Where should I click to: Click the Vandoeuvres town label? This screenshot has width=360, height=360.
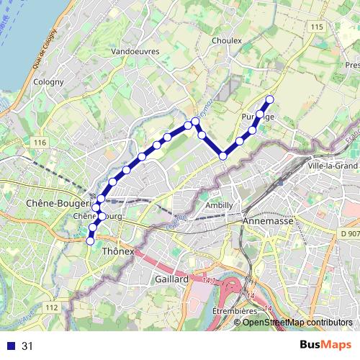(x=135, y=52)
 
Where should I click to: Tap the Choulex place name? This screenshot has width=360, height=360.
(x=227, y=41)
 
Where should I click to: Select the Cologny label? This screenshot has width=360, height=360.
(x=48, y=82)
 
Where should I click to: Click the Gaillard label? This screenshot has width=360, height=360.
(x=171, y=279)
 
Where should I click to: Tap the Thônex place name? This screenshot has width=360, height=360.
(x=119, y=252)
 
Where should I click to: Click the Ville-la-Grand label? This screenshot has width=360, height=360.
(x=332, y=166)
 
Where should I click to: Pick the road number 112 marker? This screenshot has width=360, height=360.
(x=50, y=307)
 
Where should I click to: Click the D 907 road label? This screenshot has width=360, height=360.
(x=348, y=234)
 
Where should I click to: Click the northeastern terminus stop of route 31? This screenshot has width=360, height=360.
(x=270, y=99)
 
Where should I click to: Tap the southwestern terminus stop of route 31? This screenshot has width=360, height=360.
(x=90, y=242)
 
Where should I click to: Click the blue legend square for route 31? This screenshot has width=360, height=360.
(x=9, y=346)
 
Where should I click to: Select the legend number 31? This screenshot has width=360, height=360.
(x=28, y=346)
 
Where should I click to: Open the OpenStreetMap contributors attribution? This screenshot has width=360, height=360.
(x=297, y=322)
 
